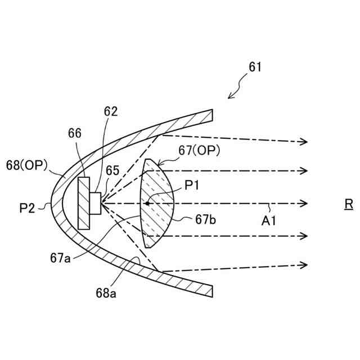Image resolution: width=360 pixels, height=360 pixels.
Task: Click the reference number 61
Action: pyautogui.click(x=255, y=67)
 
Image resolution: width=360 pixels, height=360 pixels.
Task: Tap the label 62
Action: pyautogui.click(x=110, y=111)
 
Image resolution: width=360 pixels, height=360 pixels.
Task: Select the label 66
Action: pyautogui.click(x=75, y=133)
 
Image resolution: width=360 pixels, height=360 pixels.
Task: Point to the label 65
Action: pyautogui.click(x=112, y=170)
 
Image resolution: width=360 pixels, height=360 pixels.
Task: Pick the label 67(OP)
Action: pyautogui.click(x=199, y=150)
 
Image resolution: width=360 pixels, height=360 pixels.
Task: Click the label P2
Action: pyautogui.click(x=26, y=208)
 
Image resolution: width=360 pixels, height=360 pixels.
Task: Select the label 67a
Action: pyautogui.click(x=61, y=258)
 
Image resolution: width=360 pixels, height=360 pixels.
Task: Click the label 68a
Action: pyautogui.click(x=107, y=293)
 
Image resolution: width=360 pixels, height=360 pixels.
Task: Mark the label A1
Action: pyautogui.click(x=269, y=221)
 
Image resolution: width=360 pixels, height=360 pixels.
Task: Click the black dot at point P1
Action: pyautogui.click(x=147, y=202)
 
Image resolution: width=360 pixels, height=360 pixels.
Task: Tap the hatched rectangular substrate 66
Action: pyautogui.click(x=84, y=202)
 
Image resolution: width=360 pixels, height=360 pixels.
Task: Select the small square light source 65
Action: pyautogui.click(x=95, y=202)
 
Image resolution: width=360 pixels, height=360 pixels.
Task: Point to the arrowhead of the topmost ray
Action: pyautogui.click(x=304, y=142)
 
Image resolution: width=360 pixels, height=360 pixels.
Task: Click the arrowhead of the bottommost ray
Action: pyautogui.click(x=304, y=264)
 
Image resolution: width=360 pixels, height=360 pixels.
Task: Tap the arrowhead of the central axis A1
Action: pyautogui.click(x=304, y=202)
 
